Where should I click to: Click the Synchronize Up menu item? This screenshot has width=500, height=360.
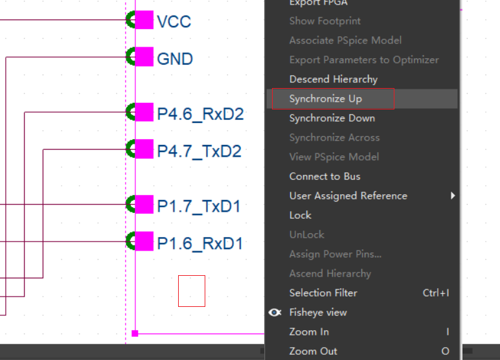coord(326,99)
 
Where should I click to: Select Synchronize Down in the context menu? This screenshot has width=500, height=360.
coord(332,118)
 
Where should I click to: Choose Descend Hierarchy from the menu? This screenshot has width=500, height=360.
coord(333,80)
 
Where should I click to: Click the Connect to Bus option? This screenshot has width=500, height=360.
coord(324,177)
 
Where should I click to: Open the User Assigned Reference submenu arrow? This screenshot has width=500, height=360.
coord(453,196)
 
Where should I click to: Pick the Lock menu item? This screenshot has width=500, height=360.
coord(301,216)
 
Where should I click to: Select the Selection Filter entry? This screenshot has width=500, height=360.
coord(323,293)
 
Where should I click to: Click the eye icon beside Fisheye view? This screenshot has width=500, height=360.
coord(275,313)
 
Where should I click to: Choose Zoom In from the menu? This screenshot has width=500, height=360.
coord(309,332)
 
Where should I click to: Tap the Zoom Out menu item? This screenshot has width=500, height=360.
coord(313,352)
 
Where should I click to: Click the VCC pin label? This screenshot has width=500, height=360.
coord(174,21)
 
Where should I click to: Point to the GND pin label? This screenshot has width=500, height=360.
coord(175,59)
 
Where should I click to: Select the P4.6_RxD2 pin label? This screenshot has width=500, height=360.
coord(200,115)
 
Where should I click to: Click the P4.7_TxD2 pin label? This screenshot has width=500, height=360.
coord(199,152)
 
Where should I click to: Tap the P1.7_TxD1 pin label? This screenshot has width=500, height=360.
coord(199,207)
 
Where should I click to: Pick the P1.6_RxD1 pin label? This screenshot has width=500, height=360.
coord(199,244)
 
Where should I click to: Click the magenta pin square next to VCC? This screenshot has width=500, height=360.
coord(143,20)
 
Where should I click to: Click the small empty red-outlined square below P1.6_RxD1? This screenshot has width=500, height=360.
coord(192,291)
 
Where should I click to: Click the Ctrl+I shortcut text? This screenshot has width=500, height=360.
coord(436,293)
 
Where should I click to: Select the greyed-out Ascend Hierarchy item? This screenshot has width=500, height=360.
coord(330,274)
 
